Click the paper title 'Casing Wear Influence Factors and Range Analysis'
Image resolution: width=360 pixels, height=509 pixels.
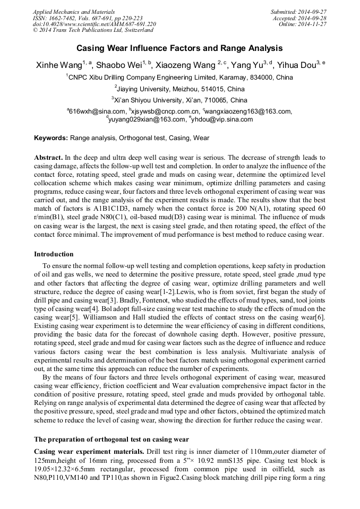click(x=179, y=48)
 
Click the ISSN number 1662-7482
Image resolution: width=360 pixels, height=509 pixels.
click(x=62, y=18)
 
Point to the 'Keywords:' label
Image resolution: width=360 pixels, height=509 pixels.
click(x=51, y=138)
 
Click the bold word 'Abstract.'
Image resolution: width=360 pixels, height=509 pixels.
click(x=48, y=158)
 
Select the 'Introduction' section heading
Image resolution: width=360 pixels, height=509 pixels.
click(x=54, y=254)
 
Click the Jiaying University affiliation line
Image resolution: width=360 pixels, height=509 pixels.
click(x=181, y=89)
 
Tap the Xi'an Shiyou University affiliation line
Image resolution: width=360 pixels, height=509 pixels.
click(x=179, y=100)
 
